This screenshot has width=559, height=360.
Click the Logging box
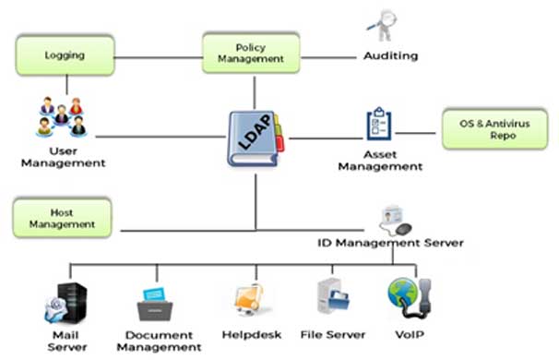click(x=65, y=55)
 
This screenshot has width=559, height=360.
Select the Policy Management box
click(x=251, y=53)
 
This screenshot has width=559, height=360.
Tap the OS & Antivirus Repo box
click(x=494, y=129)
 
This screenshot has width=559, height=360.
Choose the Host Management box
click(x=62, y=218)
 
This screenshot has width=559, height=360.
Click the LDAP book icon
click(x=256, y=138)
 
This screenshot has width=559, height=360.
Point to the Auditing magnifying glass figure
click(x=382, y=25)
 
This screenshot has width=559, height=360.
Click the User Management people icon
click(x=62, y=116)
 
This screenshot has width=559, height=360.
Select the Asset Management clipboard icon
click(x=379, y=124)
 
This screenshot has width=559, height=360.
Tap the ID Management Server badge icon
click(x=396, y=221)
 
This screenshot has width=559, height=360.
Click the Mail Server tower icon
click(x=65, y=303)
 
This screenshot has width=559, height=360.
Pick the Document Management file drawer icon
click(x=155, y=304)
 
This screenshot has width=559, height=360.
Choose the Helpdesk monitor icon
click(x=250, y=300)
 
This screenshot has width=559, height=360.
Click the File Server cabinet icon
click(x=333, y=296)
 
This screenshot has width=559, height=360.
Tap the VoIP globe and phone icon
click(x=410, y=298)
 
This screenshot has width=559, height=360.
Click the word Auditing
click(x=391, y=55)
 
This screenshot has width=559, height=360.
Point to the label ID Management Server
click(x=390, y=243)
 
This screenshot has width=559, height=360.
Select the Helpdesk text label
click(x=252, y=335)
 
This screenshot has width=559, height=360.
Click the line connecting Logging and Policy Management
click(x=159, y=57)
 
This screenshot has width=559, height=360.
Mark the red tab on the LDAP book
click(x=280, y=144)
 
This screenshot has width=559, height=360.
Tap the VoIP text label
click(x=410, y=335)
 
